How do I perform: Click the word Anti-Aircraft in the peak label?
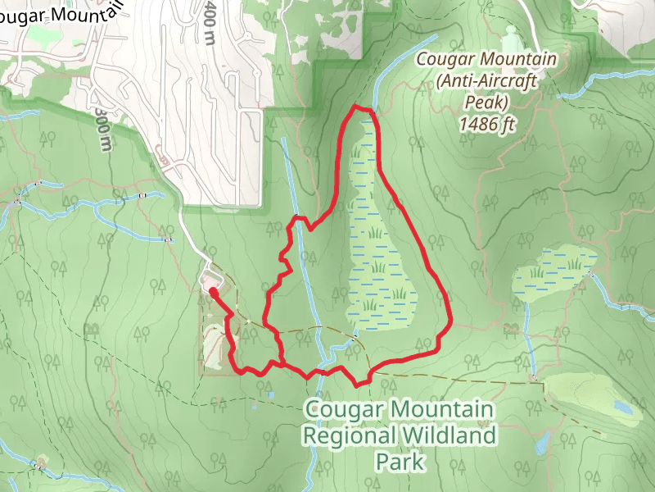[x=486, y=82]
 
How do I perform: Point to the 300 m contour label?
[x=102, y=127]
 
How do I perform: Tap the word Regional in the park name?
[x=351, y=435]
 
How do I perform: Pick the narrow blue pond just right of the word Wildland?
[x=541, y=443]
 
